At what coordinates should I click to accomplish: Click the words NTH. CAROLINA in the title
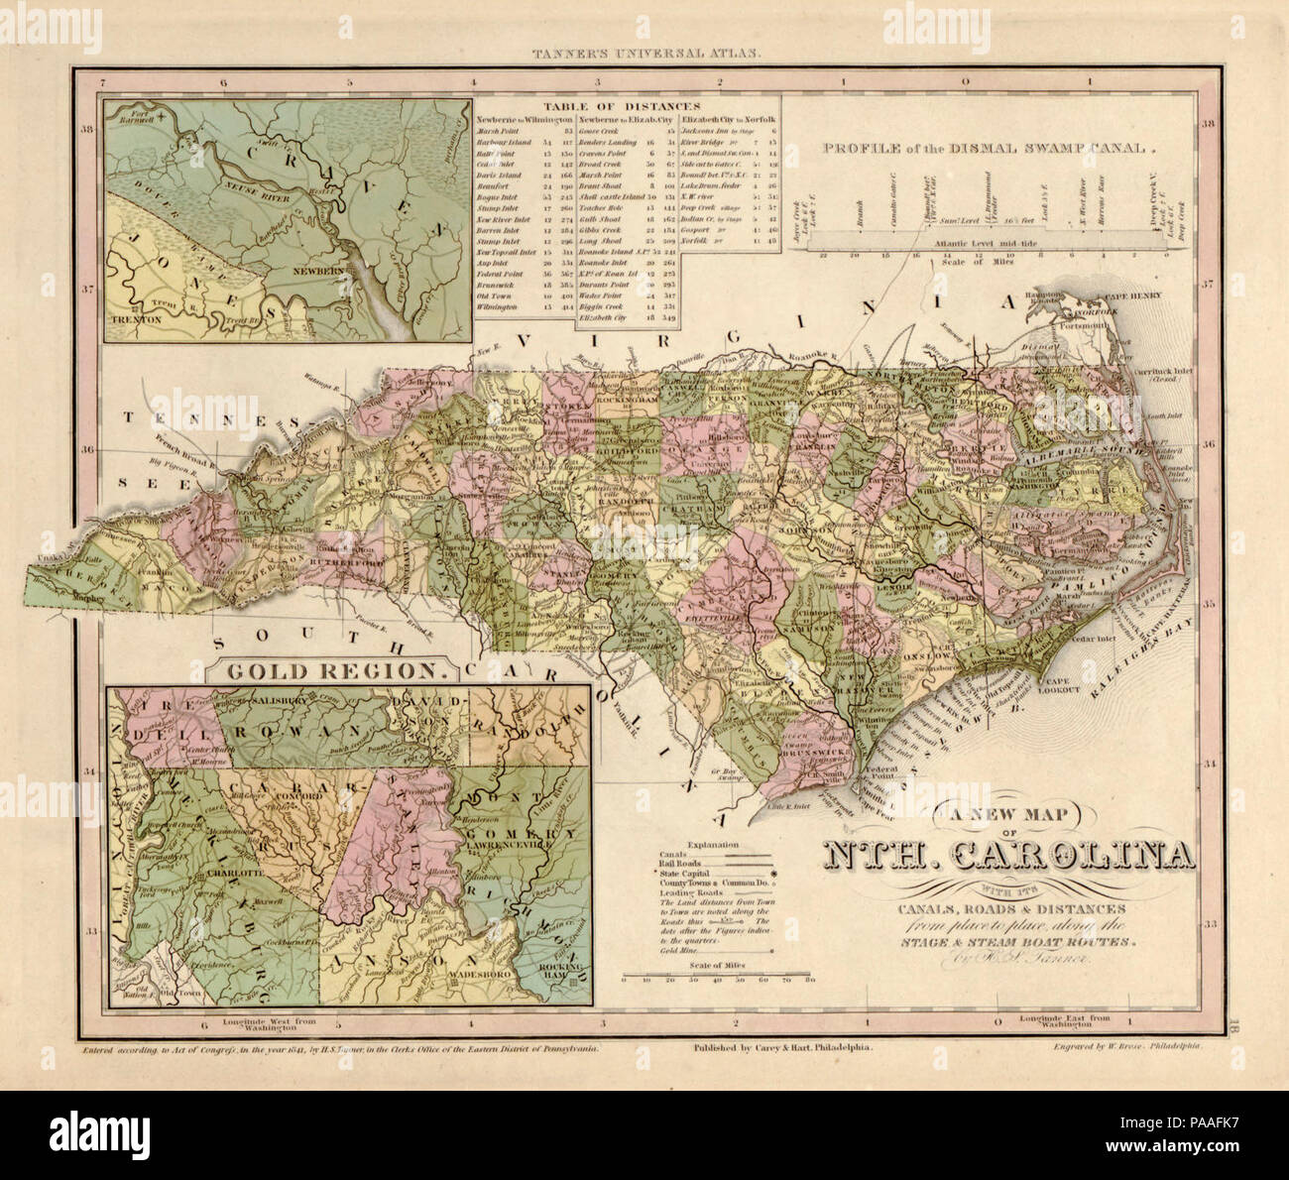click(x=1006, y=855)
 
